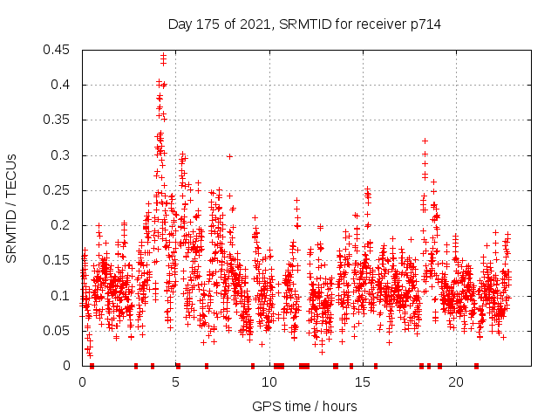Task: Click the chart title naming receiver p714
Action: pos(304,24)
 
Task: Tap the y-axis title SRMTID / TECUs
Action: pos(11,209)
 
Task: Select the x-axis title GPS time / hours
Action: pos(304,406)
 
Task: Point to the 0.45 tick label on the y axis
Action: pos(58,50)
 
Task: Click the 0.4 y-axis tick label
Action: pos(61,85)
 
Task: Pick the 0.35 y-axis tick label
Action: pos(58,120)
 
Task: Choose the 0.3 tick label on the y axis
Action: pos(61,155)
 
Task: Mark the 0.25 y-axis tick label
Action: pos(58,190)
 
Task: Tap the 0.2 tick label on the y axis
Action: pos(61,225)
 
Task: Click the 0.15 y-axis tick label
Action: pos(58,260)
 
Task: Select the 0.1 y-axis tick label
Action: pos(61,296)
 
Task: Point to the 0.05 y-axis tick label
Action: pos(58,331)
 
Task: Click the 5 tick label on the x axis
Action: pos(175,382)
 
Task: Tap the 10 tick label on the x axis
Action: pos(269,382)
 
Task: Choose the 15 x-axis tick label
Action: pos(362,382)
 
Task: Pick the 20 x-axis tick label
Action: pos(455,382)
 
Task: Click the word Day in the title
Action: pos(180,24)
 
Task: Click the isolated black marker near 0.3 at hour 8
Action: pos(229,156)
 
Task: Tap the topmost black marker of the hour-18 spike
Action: pos(425,141)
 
